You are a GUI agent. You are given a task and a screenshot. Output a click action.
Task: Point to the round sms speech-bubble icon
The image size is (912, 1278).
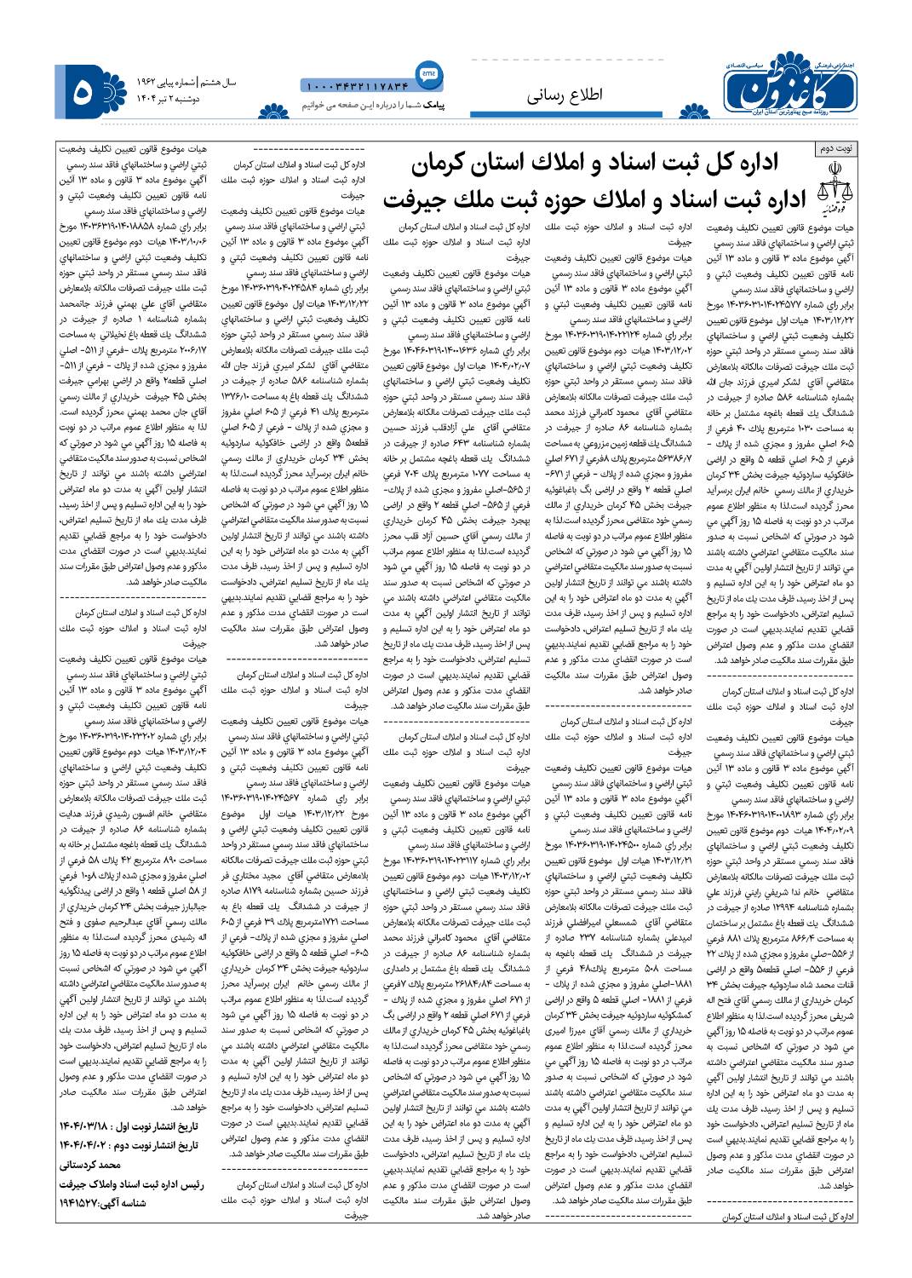(428, 76)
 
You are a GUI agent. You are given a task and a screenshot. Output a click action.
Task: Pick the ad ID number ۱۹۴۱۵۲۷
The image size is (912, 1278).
(78, 1202)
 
